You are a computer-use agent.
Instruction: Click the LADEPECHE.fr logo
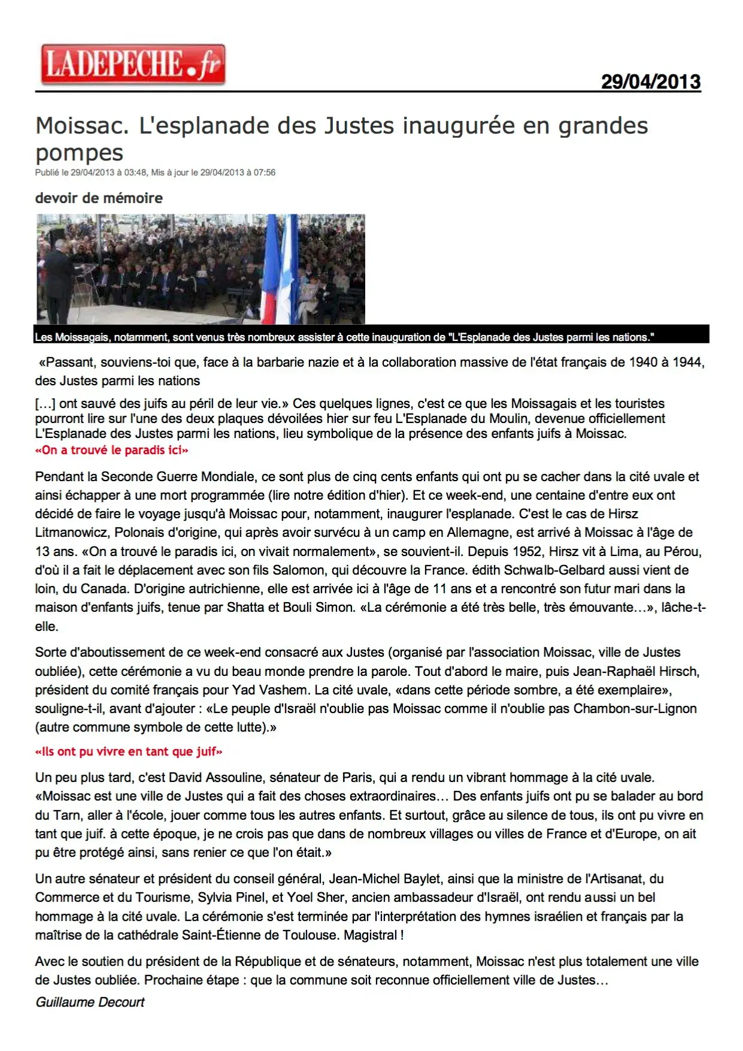(x=132, y=65)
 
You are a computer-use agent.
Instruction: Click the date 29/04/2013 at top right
(x=650, y=81)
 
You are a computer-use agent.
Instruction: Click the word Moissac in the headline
(x=82, y=126)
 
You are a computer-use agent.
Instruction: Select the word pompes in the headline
(x=79, y=153)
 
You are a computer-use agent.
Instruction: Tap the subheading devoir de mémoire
(x=99, y=198)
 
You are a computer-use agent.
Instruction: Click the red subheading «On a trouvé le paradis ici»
(x=111, y=450)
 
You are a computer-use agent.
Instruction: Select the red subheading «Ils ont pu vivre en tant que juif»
(x=129, y=751)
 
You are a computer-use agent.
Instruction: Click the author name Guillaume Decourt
(x=90, y=1002)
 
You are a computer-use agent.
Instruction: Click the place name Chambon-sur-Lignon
(x=635, y=708)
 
